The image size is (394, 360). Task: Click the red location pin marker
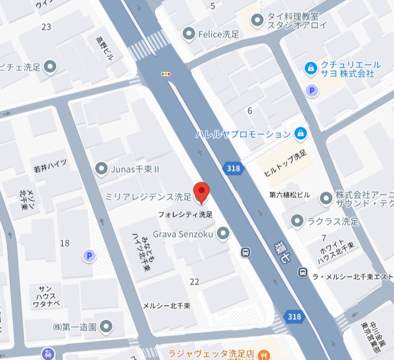pyautogui.click(x=201, y=192)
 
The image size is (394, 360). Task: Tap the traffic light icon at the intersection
pyautogui.click(x=166, y=74)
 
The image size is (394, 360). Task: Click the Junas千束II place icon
pyautogui.click(x=102, y=170)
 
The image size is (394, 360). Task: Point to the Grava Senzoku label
pyautogui.click(x=183, y=233)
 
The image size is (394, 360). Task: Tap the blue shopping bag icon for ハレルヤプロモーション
pyautogui.click(x=300, y=134)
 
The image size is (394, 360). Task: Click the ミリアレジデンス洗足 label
pyautogui.click(x=148, y=197)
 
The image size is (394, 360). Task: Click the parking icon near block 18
pyautogui.click(x=89, y=256)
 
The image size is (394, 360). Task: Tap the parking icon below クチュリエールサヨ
pyautogui.click(x=312, y=91)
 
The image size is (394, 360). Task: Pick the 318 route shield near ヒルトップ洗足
pyautogui.click(x=234, y=168)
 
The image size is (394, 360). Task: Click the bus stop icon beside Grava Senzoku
pyautogui.click(x=245, y=252)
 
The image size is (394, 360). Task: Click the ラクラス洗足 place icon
pyautogui.click(x=297, y=220)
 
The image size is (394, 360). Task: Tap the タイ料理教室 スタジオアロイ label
pyautogui.click(x=297, y=20)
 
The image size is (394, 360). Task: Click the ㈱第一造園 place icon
pyautogui.click(x=106, y=327)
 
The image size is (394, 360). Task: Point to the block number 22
pyautogui.click(x=194, y=282)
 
